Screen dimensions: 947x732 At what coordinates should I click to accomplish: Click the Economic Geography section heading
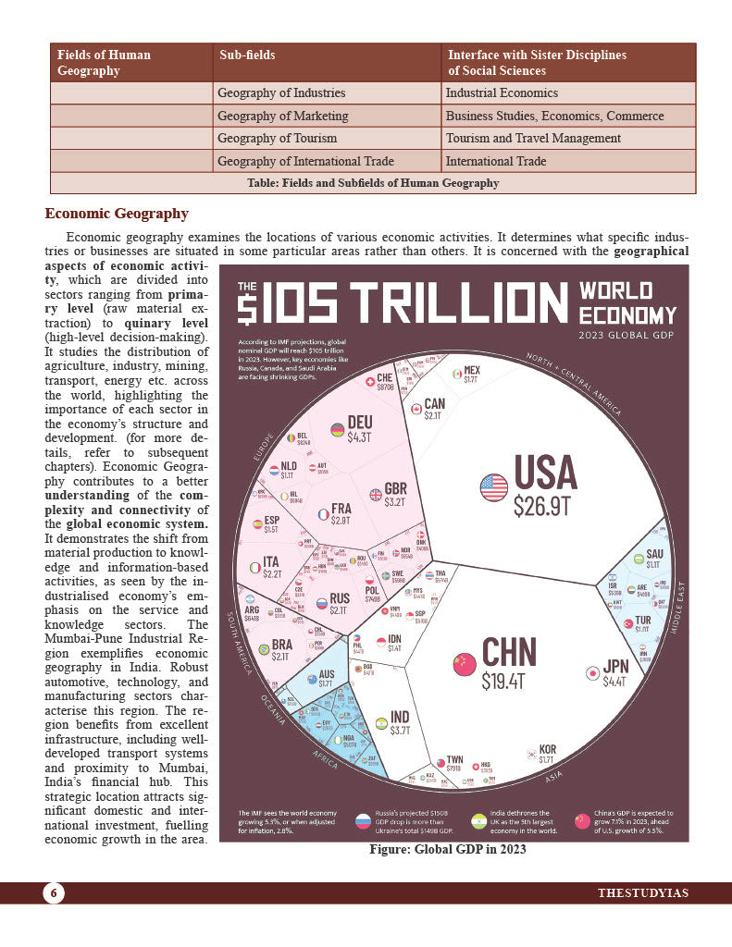(x=117, y=214)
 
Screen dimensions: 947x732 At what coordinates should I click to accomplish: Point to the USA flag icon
(x=493, y=486)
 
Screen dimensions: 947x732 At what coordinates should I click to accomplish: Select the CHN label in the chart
(x=508, y=652)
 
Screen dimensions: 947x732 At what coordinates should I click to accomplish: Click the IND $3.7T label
(x=399, y=722)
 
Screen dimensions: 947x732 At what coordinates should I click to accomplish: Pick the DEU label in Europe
(x=359, y=424)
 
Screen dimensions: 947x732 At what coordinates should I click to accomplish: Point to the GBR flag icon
(x=376, y=495)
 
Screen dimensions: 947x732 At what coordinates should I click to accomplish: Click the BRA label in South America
(x=280, y=650)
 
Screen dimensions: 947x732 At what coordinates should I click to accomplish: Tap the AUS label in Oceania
(x=326, y=676)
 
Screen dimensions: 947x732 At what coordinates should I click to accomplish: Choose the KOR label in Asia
(x=547, y=750)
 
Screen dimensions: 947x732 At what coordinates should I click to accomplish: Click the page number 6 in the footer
(x=54, y=892)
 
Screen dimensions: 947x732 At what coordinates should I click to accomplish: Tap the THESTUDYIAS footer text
(x=642, y=892)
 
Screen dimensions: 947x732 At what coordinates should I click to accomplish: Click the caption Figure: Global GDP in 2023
(x=447, y=849)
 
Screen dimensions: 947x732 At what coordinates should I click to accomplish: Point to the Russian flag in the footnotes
(x=364, y=820)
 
